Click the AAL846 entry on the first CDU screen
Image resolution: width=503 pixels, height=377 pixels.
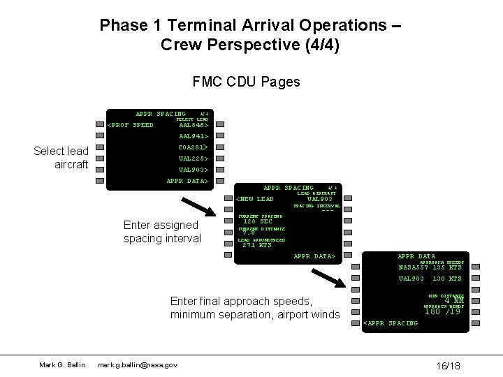click(194, 126)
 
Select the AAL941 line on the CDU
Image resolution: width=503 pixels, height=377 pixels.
click(194, 137)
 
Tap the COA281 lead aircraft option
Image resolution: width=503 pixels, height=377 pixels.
click(194, 147)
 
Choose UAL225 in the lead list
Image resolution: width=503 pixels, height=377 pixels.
click(194, 158)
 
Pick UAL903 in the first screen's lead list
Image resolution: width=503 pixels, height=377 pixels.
click(194, 170)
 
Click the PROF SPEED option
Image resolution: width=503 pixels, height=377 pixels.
click(130, 126)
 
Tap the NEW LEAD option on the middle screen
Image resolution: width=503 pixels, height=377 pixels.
click(256, 199)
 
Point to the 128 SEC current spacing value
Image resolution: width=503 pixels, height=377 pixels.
click(256, 221)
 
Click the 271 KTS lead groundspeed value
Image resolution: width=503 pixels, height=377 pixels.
click(256, 245)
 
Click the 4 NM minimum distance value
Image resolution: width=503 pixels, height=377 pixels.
click(453, 302)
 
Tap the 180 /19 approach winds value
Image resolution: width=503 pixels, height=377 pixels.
click(444, 312)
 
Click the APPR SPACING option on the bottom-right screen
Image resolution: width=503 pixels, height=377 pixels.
click(392, 323)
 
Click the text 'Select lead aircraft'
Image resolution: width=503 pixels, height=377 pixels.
click(61, 158)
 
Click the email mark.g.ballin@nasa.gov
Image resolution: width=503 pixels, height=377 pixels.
click(138, 364)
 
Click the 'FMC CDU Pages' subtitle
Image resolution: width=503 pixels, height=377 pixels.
click(246, 82)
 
